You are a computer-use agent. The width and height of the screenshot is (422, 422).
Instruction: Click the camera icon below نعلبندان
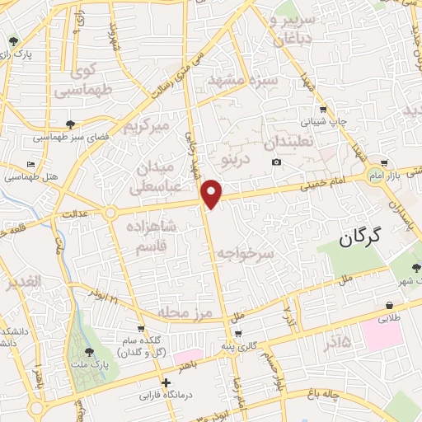(276, 162)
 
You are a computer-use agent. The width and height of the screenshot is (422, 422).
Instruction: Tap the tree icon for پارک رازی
(12, 40)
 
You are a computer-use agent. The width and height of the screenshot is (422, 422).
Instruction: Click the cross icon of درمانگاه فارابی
(166, 383)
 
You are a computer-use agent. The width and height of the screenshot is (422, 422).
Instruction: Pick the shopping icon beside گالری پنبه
(238, 333)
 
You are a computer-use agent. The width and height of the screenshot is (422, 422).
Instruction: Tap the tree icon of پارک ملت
(88, 353)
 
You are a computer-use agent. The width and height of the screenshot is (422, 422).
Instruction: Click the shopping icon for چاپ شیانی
(323, 108)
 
